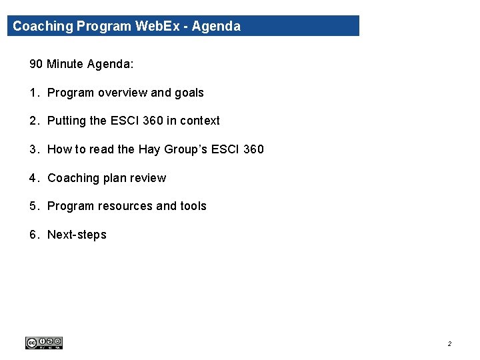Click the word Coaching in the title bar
tap(43, 27)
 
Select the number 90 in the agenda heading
tap(36, 64)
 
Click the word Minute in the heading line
tap(65, 64)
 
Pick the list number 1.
tap(33, 93)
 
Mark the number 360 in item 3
tap(253, 149)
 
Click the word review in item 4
tap(150, 178)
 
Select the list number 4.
tap(33, 178)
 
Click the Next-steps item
tap(77, 235)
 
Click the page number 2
tap(449, 344)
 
